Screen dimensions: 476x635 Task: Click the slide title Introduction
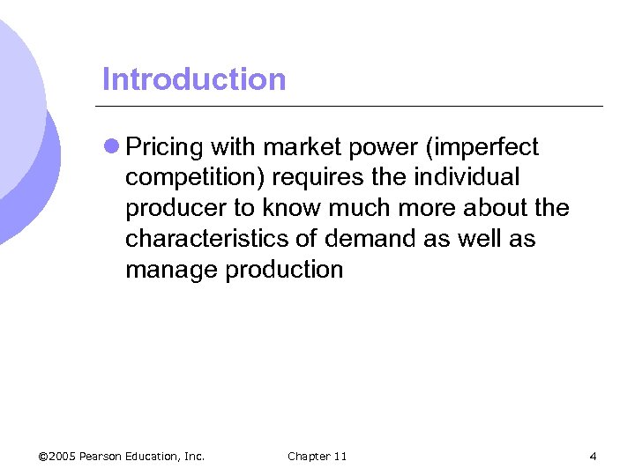[194, 79]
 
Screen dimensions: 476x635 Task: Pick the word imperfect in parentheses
[484, 147]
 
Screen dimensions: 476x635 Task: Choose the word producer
[173, 209]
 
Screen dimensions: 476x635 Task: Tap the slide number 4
[593, 456]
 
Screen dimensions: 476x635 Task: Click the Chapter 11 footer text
[317, 456]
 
